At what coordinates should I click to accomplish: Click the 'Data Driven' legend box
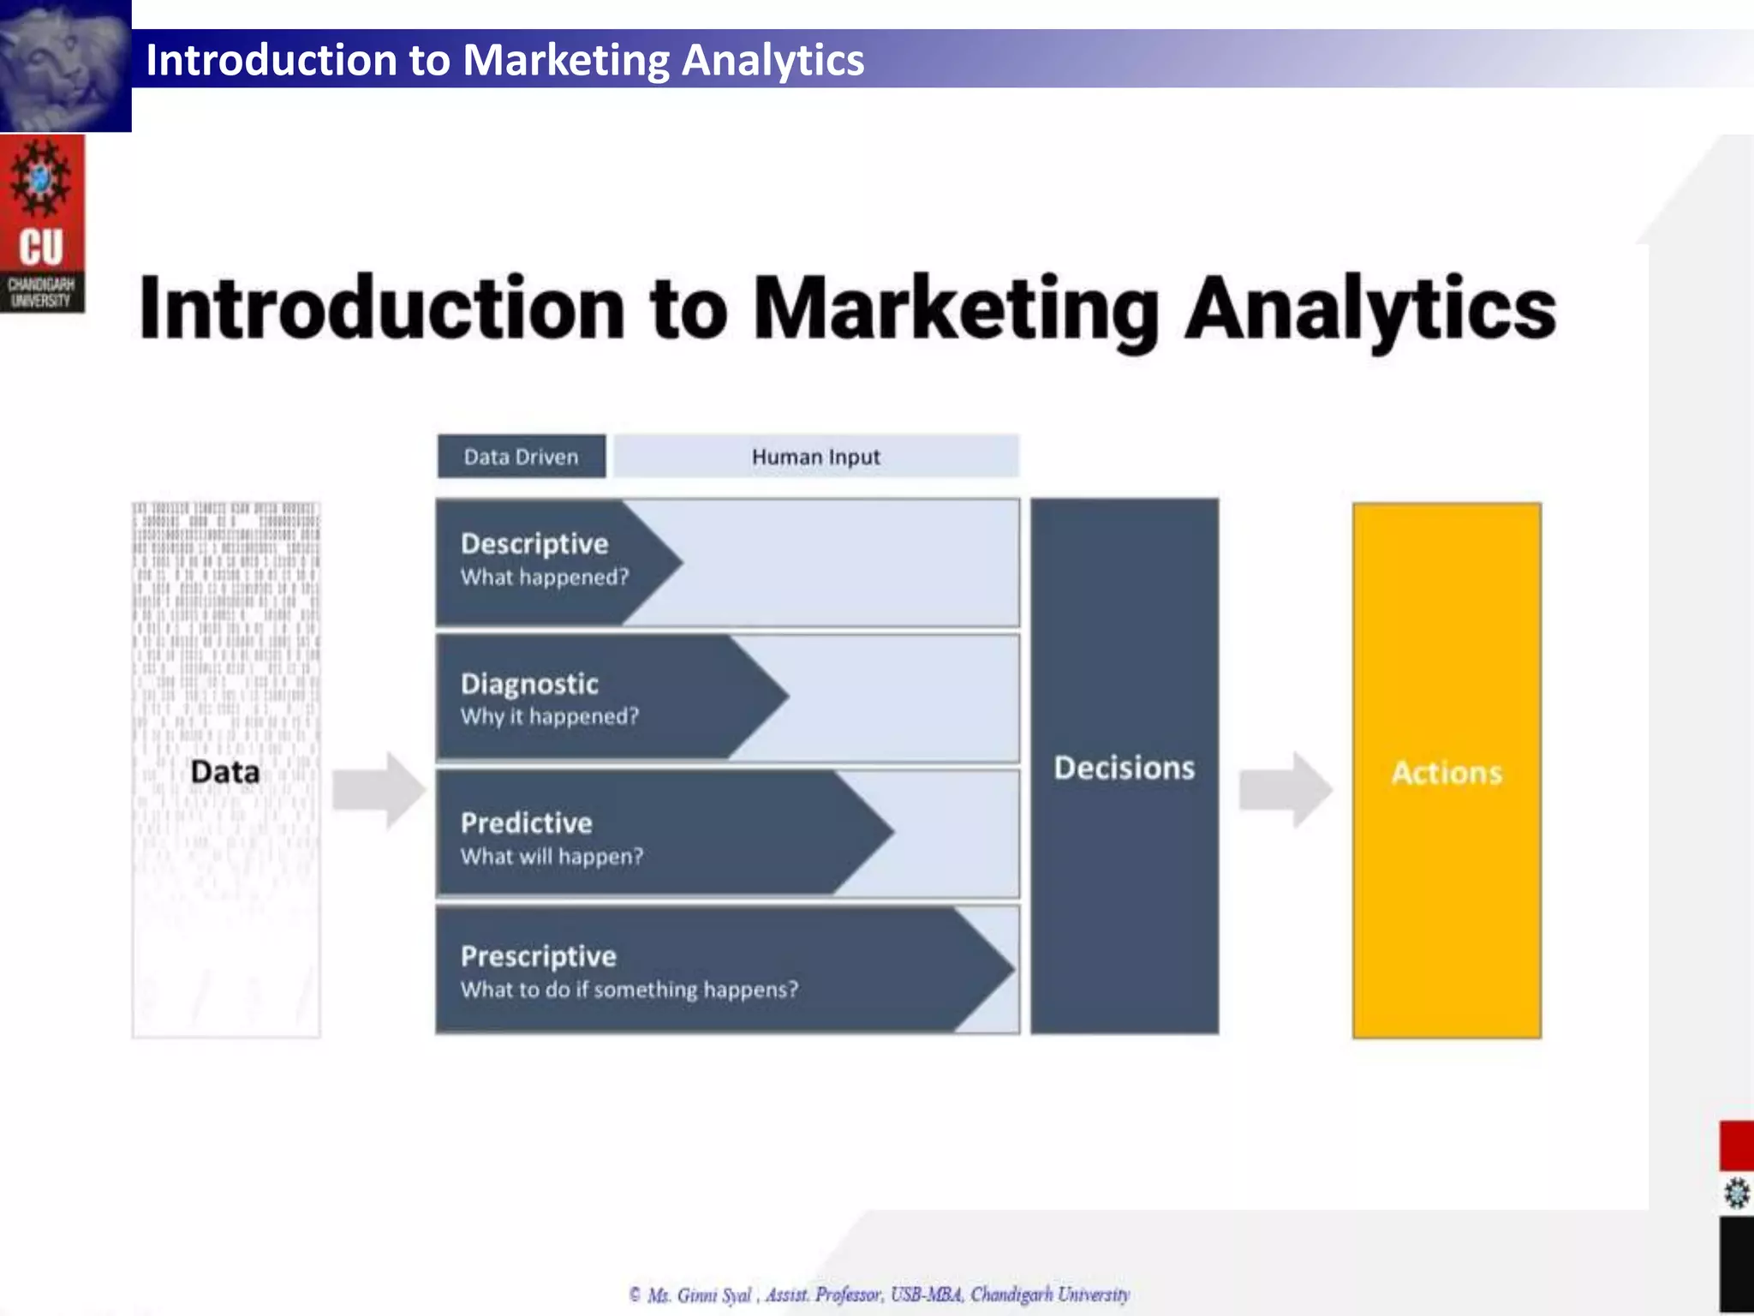[x=521, y=457]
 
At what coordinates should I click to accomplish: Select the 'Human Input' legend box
[x=815, y=457]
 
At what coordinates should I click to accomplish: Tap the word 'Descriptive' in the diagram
[x=534, y=544]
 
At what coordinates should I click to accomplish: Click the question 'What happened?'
[x=545, y=577]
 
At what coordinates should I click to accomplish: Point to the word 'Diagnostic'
[x=529, y=684]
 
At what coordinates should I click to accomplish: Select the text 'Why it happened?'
[x=550, y=716]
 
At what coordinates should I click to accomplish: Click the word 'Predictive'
[x=526, y=823]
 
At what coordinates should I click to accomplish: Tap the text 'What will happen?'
[x=552, y=856]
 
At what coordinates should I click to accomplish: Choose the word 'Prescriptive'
[x=538, y=956]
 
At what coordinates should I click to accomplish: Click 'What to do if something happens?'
[x=629, y=990]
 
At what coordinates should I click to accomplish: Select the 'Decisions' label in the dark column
[x=1124, y=768]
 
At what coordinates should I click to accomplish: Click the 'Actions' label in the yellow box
[x=1447, y=772]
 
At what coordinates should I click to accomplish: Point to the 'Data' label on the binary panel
[x=224, y=771]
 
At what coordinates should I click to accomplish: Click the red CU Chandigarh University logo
[x=42, y=223]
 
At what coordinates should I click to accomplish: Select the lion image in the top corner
[x=65, y=65]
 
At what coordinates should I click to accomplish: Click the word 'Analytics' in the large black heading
[x=1369, y=308]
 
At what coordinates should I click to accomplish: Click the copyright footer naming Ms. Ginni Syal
[x=879, y=1294]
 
